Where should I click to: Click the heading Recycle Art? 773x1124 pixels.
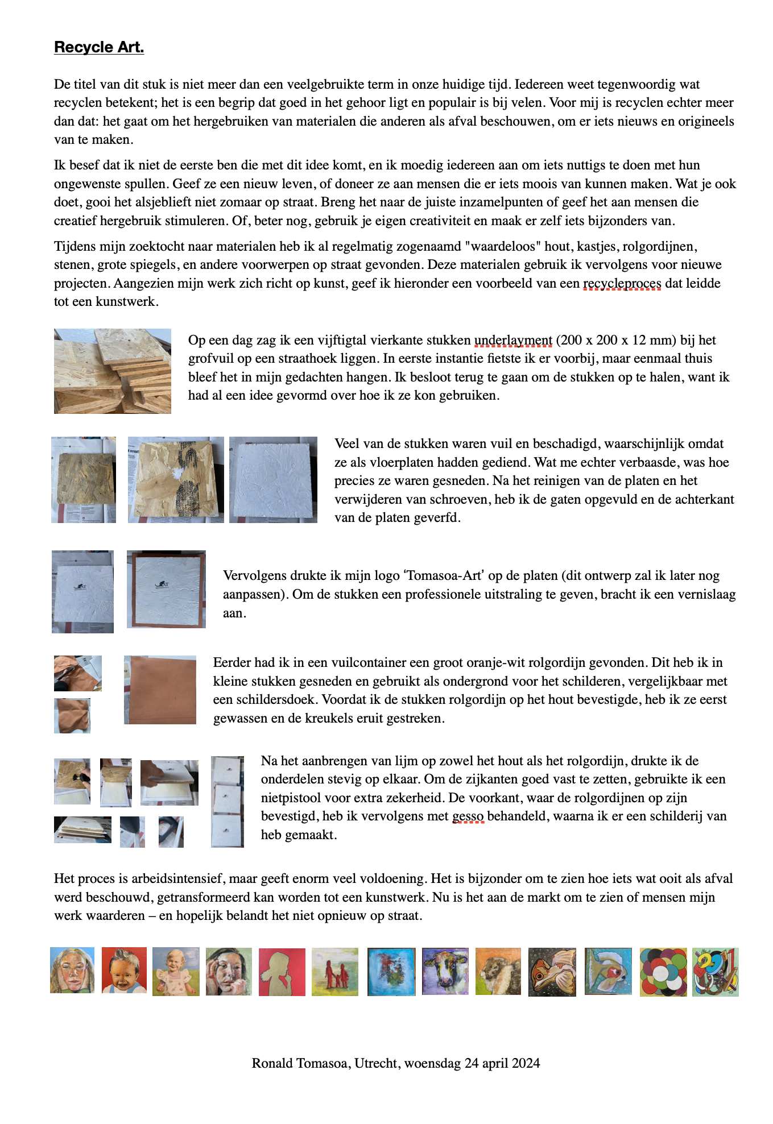tap(99, 47)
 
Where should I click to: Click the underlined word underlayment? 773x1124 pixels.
tap(513, 341)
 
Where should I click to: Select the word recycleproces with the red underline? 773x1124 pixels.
tap(622, 283)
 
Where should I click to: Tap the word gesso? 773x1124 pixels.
tap(468, 816)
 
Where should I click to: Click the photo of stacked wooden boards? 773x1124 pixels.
tap(112, 371)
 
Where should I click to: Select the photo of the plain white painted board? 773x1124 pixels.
tap(273, 479)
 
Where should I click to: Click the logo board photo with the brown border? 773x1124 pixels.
tap(166, 589)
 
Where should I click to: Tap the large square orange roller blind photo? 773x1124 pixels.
tap(160, 690)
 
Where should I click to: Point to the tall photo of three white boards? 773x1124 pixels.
tap(228, 801)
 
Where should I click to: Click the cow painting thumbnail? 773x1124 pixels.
tap(445, 971)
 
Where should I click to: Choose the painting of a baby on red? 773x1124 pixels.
tap(124, 970)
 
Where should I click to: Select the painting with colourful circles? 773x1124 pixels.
tap(663, 972)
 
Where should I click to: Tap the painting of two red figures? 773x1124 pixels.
tap(335, 972)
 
